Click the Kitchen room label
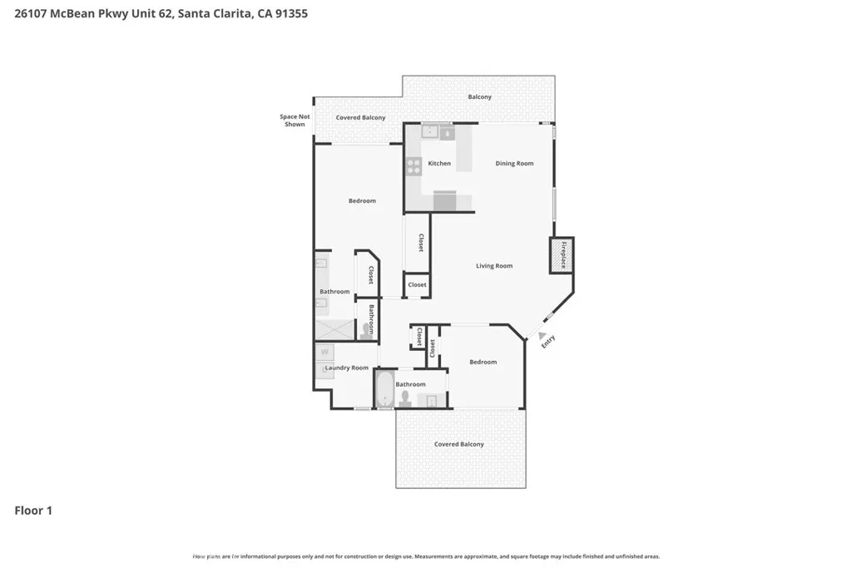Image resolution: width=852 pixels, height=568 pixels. [x=439, y=164]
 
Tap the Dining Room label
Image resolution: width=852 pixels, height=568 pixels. [x=514, y=164]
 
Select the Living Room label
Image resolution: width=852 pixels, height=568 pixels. [x=494, y=266]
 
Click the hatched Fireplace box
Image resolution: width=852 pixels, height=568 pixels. [x=562, y=255]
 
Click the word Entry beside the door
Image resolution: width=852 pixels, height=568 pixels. [x=547, y=341]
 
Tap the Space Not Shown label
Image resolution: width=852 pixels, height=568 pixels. [x=295, y=121]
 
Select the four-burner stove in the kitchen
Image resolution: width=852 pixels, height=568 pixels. [x=413, y=166]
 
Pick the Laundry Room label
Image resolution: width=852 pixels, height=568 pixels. [x=346, y=368]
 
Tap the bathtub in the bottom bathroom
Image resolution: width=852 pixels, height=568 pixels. [x=384, y=389]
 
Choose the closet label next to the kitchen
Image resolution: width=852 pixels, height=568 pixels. [x=421, y=243]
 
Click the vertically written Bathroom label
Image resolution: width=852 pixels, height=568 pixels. [x=371, y=319]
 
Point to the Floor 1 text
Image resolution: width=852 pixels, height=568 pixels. [x=33, y=511]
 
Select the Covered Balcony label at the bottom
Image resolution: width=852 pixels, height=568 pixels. [x=458, y=444]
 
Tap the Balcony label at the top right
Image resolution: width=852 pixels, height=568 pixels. [x=479, y=97]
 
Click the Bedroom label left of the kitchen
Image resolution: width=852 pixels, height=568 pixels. [x=362, y=200]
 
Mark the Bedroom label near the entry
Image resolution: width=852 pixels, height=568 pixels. [x=483, y=362]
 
